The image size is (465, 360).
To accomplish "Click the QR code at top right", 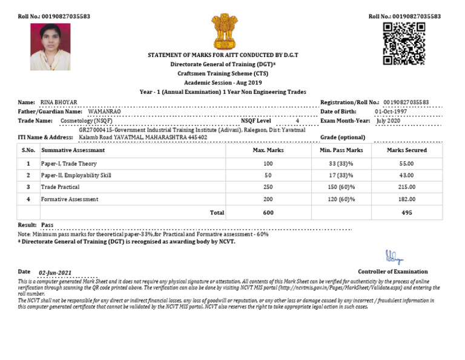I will click(x=404, y=43).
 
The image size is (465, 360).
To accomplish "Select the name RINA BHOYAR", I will click(x=59, y=102).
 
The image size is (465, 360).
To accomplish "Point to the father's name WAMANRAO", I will click(x=104, y=112).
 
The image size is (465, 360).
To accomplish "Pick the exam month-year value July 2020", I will click(x=389, y=121).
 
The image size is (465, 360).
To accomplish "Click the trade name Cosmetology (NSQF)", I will click(x=86, y=121).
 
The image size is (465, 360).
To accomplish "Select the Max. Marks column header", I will click(x=268, y=150).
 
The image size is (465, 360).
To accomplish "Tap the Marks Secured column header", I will click(x=406, y=150).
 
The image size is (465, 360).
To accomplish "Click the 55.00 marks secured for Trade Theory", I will click(x=406, y=164).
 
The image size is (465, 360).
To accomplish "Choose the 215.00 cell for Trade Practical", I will click(x=406, y=187).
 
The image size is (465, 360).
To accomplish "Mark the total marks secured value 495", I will click(x=406, y=213).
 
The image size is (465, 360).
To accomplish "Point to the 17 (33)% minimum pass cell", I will click(x=341, y=176).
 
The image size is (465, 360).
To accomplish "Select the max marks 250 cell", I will click(x=268, y=187).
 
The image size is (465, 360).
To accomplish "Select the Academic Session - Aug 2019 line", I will click(x=223, y=82).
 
